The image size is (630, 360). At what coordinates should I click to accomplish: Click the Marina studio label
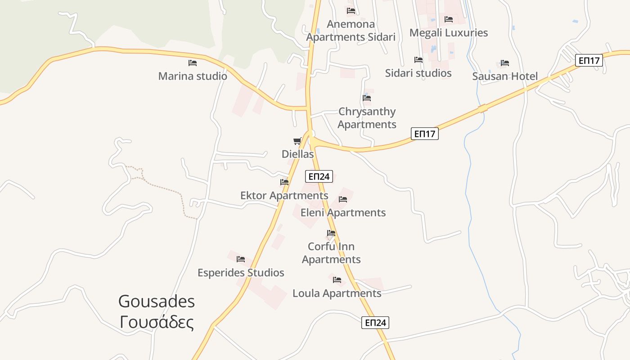(193, 76)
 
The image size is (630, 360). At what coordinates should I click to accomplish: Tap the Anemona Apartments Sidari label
(351, 31)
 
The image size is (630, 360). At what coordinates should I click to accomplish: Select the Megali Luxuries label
(448, 33)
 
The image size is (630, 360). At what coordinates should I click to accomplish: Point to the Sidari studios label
(418, 73)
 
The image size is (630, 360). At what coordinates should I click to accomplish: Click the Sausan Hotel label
(505, 76)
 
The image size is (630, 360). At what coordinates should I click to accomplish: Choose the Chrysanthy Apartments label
(367, 118)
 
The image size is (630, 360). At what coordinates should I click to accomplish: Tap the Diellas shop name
(297, 154)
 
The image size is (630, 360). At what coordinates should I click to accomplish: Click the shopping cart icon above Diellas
(297, 141)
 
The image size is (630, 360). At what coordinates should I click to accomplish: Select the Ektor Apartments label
(284, 196)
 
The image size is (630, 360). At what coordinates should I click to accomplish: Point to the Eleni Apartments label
(343, 212)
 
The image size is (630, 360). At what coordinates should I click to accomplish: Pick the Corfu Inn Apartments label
(331, 253)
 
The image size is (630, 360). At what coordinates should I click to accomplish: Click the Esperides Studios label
(241, 273)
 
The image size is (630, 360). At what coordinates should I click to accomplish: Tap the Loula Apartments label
(337, 293)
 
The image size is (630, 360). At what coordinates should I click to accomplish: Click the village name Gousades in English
(157, 301)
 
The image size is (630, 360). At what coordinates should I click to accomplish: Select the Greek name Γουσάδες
(157, 322)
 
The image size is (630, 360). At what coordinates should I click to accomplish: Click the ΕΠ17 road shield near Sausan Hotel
(589, 60)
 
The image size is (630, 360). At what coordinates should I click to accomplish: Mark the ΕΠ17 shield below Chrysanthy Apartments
(425, 134)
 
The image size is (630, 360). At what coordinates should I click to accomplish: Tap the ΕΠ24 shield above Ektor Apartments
(319, 176)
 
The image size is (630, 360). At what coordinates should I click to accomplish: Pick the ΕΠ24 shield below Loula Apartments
(375, 323)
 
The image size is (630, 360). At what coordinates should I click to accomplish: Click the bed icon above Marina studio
(193, 63)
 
